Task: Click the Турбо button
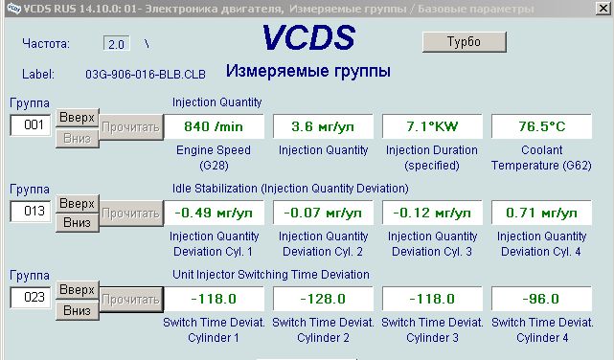coord(465,42)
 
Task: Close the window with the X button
coord(603,9)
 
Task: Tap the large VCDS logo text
coord(309,37)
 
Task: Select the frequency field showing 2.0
coord(116,43)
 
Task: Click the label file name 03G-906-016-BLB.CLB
coord(146,74)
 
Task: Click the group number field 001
coord(31,125)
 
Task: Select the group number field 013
coord(31,212)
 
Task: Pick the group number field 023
coord(31,298)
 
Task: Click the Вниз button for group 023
coord(78,311)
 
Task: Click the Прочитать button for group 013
coord(131,214)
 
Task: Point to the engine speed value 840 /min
coord(214,126)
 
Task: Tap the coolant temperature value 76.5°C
coord(541,126)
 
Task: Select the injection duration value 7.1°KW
coord(432,126)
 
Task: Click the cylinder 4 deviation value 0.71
coord(541,213)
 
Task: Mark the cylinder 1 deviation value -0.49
coord(214,213)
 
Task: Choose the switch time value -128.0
coord(323,299)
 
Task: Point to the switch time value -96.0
coord(541,299)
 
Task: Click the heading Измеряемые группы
coord(308,71)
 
